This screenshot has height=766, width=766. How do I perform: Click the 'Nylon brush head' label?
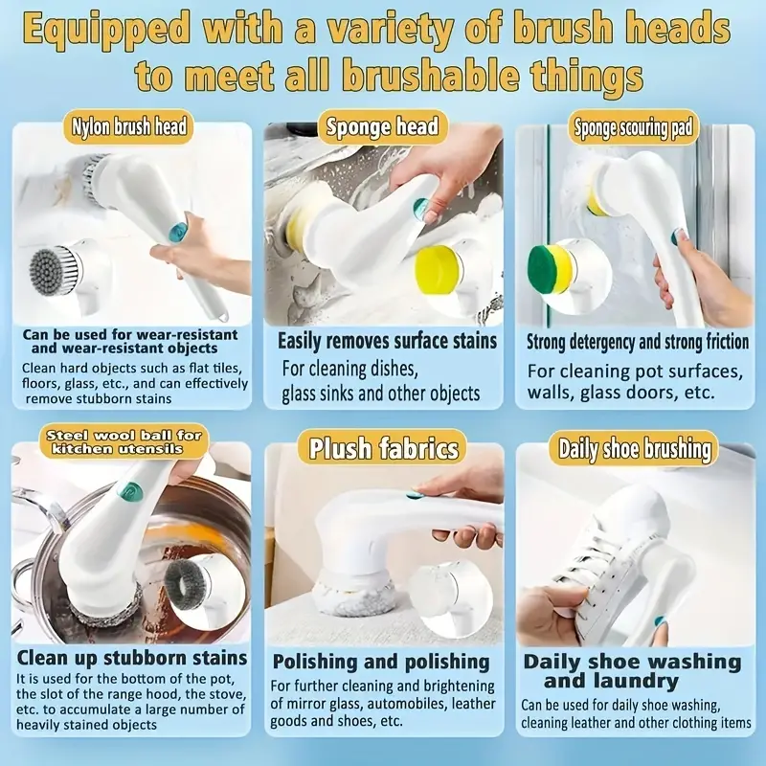point(128,126)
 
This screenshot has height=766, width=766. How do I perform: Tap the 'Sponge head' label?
point(382,126)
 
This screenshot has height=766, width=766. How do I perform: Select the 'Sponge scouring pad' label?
point(633,128)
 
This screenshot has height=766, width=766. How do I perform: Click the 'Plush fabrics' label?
point(384,448)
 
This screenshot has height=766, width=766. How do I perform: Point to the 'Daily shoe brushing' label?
point(634,448)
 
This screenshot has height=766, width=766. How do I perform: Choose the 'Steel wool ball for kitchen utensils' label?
point(124,441)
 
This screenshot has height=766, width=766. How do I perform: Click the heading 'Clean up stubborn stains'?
point(132,658)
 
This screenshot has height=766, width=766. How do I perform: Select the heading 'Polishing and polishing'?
point(381,662)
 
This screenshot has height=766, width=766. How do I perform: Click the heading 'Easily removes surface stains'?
point(387,341)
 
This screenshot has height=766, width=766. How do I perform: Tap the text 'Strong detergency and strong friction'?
point(638,343)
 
